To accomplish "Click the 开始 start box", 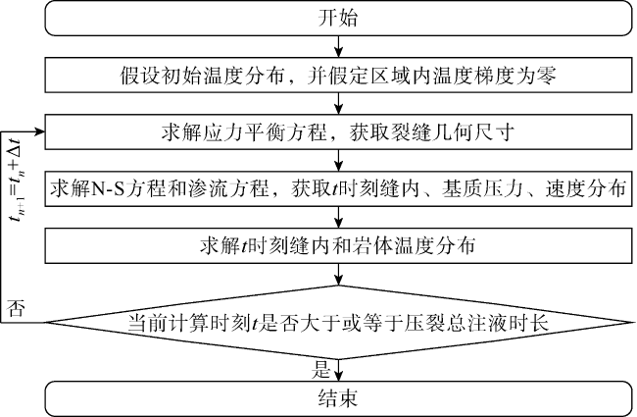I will pos(338,19).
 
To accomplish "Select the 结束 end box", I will pos(338,397).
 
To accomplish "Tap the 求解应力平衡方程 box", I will pos(338,131).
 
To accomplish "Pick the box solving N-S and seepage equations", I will pos(338,187).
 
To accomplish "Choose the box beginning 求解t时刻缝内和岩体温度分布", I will pos(338,244).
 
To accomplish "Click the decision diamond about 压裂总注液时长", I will pos(338,321).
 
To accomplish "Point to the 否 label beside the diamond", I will pos(17,307).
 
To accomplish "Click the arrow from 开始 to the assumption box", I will pos(338,47).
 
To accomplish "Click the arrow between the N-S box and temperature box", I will pos(338,216).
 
